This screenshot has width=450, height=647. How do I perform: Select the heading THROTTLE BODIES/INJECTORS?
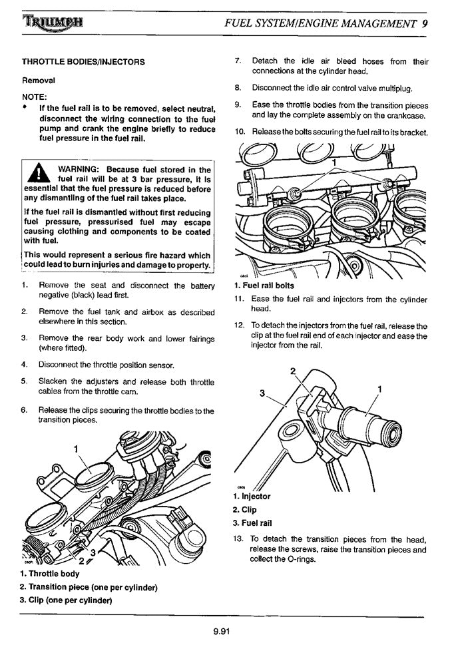[83, 62]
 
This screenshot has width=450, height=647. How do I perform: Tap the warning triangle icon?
[38, 174]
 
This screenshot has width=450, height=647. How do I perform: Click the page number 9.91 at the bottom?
[222, 632]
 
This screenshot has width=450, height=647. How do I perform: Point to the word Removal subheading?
[39, 80]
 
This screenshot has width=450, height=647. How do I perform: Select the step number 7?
[238, 61]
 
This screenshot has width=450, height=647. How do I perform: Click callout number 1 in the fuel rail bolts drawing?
[334, 163]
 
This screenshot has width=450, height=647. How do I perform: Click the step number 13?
[239, 539]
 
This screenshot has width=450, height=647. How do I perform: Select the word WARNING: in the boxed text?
[80, 170]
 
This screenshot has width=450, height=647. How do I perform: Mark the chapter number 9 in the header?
[425, 22]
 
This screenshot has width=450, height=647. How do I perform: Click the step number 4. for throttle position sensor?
[25, 365]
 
